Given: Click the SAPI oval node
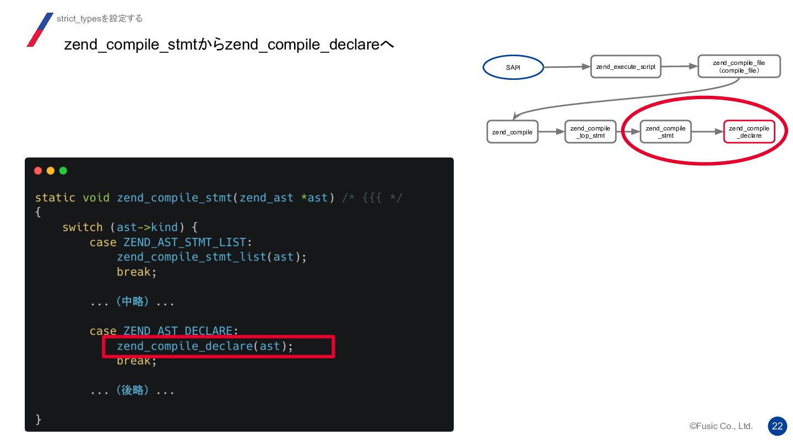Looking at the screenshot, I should [513, 68].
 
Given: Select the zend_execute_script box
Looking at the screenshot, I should [626, 67].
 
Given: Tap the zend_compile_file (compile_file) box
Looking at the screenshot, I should [738, 67].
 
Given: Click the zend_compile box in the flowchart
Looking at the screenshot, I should [512, 132].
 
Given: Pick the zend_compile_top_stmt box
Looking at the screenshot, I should [590, 132].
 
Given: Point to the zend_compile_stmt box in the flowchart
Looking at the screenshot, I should [666, 132].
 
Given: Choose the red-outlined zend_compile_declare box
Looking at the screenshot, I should [749, 132].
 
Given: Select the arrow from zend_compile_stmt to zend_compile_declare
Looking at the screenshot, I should [707, 132].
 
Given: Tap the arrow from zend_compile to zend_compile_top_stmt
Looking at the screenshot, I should [551, 132].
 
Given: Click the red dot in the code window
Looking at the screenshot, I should [38, 171].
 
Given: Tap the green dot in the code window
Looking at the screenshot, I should [63, 171].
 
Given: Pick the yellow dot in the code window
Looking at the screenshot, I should [51, 171].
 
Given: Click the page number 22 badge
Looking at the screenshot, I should [777, 426].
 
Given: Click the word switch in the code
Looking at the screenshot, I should [83, 227].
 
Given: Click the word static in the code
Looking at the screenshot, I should [55, 198].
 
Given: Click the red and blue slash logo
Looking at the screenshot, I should [40, 30].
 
